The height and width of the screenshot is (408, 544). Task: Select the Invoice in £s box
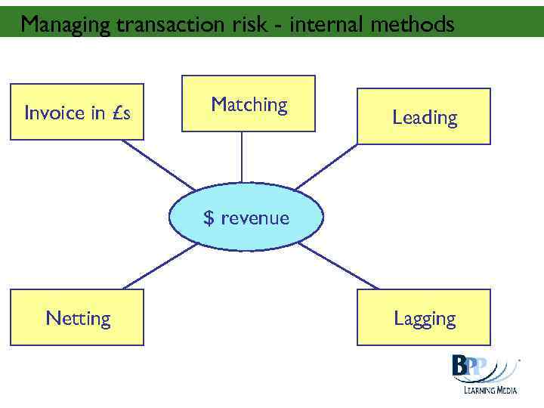[x=76, y=112]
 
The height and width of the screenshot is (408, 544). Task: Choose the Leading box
[x=424, y=116]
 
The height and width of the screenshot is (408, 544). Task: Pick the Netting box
[x=77, y=318]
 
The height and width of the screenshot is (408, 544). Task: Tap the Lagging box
[x=424, y=317]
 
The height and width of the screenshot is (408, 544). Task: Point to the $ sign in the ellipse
[x=209, y=218]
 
